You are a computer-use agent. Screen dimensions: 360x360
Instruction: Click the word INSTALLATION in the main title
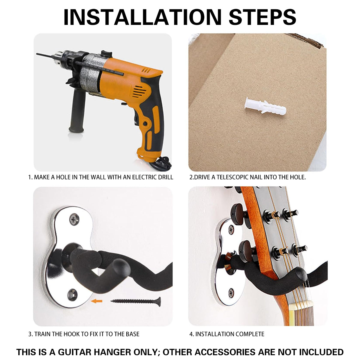point(142,17)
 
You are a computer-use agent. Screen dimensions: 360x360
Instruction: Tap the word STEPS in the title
point(262,17)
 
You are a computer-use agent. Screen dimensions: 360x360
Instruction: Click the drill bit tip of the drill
point(37,54)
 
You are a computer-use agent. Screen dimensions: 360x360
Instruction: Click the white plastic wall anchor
point(265,106)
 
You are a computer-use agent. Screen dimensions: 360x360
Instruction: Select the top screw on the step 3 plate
point(74,219)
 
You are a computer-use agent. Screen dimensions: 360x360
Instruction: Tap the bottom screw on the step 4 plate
point(231,293)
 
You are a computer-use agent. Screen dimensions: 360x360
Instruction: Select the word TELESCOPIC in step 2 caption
point(232,177)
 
